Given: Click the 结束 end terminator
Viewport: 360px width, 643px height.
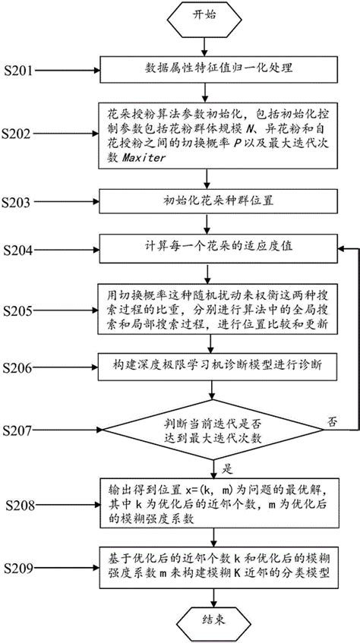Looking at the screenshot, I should point(212,619).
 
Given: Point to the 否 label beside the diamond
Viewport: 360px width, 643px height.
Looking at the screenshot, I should point(330,420).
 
